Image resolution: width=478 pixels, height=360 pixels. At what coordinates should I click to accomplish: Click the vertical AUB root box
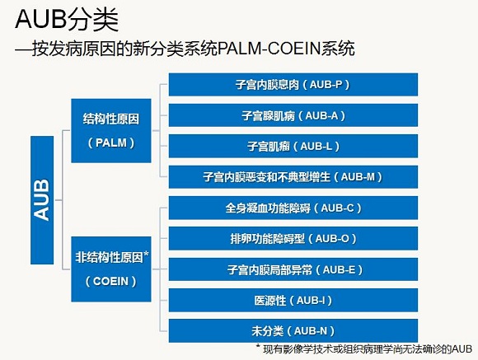pos(42,200)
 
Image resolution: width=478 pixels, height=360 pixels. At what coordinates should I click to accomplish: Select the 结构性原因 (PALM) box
pos(111,130)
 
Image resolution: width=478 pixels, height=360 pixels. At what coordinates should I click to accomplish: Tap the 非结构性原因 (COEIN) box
pos(111,269)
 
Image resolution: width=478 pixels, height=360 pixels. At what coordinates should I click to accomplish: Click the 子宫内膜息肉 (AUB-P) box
pos(293,84)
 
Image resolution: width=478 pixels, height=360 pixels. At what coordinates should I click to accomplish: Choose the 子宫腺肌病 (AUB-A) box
pos(293,115)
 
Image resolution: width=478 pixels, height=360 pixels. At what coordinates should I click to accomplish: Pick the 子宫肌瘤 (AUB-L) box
pos(293,147)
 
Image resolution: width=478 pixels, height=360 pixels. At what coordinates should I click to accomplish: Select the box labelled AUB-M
pos(293,177)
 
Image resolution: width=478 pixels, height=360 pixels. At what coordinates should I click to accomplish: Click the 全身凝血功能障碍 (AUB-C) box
pos(293,208)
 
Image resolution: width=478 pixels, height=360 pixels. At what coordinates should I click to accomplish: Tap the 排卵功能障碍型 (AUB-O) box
pos(293,239)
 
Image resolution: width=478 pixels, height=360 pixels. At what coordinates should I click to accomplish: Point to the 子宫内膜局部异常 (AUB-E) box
pos(293,269)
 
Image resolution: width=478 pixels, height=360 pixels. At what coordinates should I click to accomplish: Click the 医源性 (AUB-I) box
pos(293,300)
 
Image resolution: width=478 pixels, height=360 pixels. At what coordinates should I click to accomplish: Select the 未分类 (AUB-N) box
pos(293,331)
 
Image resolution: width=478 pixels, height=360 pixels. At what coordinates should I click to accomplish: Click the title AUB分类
pos(67,20)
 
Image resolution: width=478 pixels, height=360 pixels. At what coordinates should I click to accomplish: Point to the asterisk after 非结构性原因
pos(146,255)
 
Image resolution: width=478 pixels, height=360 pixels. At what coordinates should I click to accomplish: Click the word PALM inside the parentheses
pos(111,143)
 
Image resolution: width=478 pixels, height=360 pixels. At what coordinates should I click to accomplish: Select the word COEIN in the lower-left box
pos(110,281)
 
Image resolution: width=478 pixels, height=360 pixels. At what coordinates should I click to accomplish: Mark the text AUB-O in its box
pos(332,239)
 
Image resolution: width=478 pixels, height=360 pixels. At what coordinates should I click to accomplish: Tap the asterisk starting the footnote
pos(258,347)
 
